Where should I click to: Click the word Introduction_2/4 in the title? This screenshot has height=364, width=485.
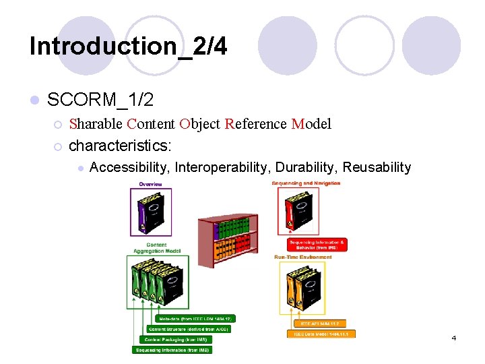(x=128, y=46)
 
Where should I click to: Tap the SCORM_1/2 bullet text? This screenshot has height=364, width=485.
(x=100, y=100)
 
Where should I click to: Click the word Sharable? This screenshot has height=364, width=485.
(x=96, y=124)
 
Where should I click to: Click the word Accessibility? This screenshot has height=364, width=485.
(x=129, y=167)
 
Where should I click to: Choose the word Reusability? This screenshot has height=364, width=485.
(x=377, y=167)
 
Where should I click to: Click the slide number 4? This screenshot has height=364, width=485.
(x=454, y=338)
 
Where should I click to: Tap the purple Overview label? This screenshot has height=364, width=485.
(x=150, y=184)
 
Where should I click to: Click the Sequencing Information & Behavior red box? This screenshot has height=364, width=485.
(x=317, y=244)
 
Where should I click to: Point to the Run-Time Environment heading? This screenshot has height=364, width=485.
(x=302, y=257)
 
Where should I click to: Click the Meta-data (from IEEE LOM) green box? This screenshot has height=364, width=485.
(x=195, y=318)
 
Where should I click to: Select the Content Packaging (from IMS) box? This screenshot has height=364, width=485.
(x=176, y=339)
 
